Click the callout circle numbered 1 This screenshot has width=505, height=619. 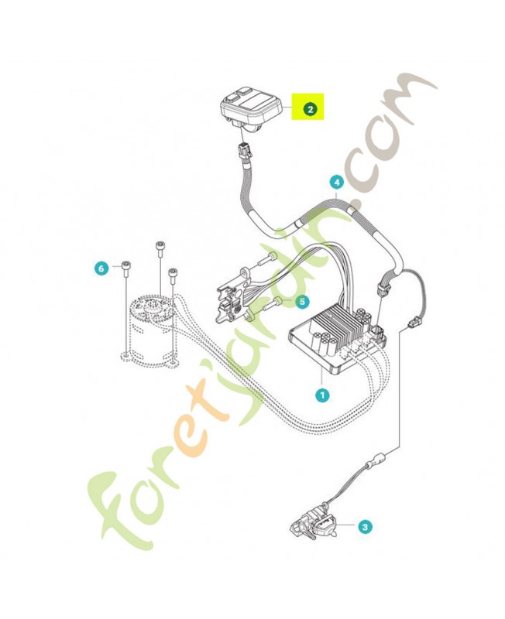[322, 395]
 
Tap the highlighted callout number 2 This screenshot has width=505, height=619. [310, 109]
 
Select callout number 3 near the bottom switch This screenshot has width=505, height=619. [365, 526]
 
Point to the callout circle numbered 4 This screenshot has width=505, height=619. [337, 183]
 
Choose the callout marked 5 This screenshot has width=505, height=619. [302, 302]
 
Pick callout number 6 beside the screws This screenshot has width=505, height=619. [101, 268]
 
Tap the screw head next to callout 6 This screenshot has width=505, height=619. [126, 265]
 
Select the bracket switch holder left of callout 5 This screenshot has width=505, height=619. [233, 296]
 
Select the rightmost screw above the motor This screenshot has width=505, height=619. [172, 273]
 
